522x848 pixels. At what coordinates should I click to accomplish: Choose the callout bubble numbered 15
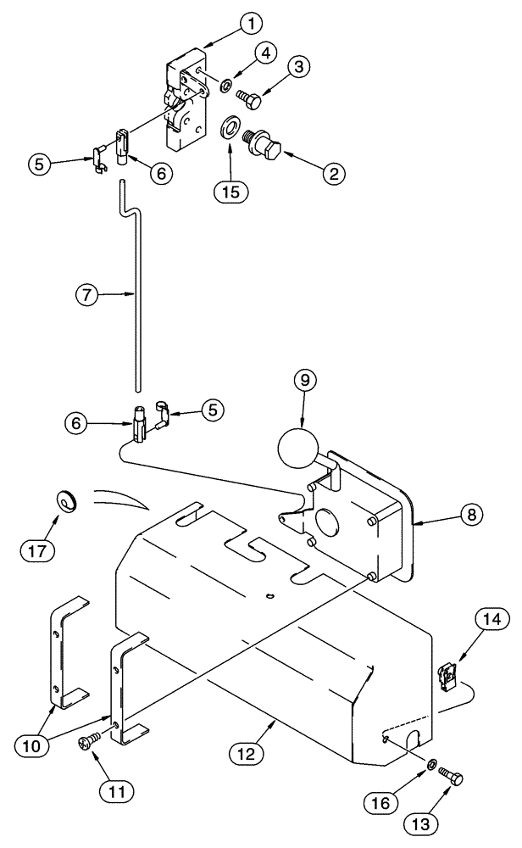(230, 190)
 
